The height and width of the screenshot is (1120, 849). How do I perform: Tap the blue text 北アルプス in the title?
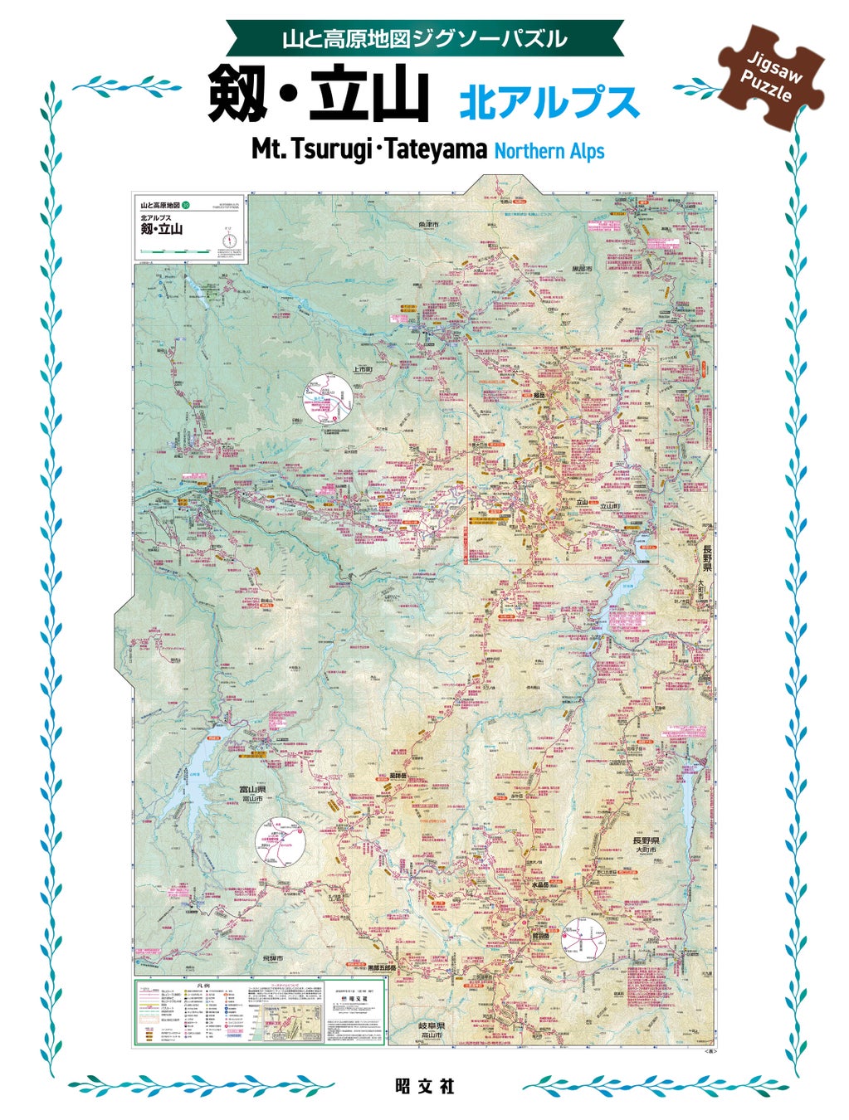tap(549, 103)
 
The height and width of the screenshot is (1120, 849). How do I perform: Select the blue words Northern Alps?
tap(549, 151)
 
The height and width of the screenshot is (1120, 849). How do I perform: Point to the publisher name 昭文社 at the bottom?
tap(424, 1086)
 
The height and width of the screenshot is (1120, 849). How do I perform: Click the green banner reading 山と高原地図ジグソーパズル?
tap(424, 38)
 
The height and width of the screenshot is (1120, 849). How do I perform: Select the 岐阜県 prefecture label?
tap(432, 1026)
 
